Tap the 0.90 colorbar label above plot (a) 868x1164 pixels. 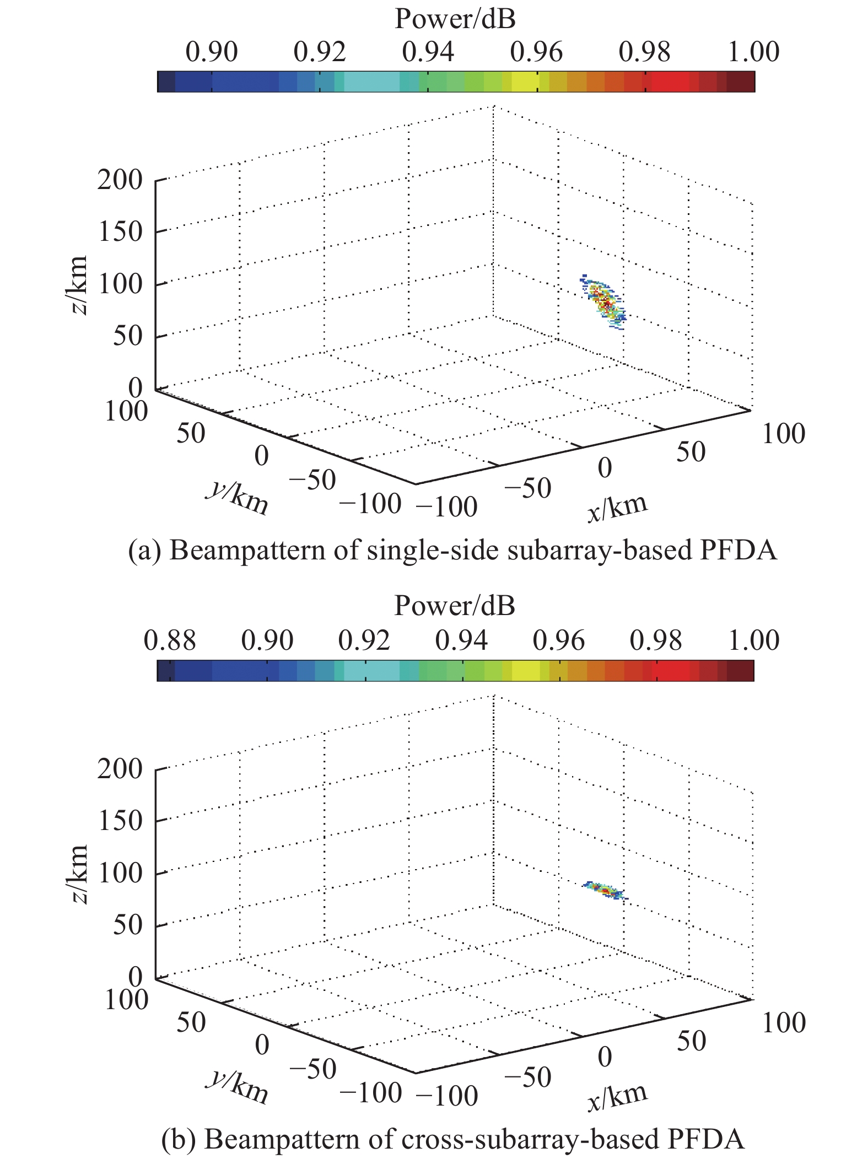211,53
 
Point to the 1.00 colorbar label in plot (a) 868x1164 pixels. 753,53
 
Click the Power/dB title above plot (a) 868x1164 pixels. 455,20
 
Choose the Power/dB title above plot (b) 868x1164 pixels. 455,607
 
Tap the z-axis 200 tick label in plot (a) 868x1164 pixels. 120,180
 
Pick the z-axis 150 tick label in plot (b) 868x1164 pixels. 120,821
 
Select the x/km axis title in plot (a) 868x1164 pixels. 617,508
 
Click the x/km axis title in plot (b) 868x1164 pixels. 617,1096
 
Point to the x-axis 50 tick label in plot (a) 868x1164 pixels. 691,453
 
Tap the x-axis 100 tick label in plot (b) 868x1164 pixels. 783,1023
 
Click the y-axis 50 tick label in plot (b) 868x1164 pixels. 191,1022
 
